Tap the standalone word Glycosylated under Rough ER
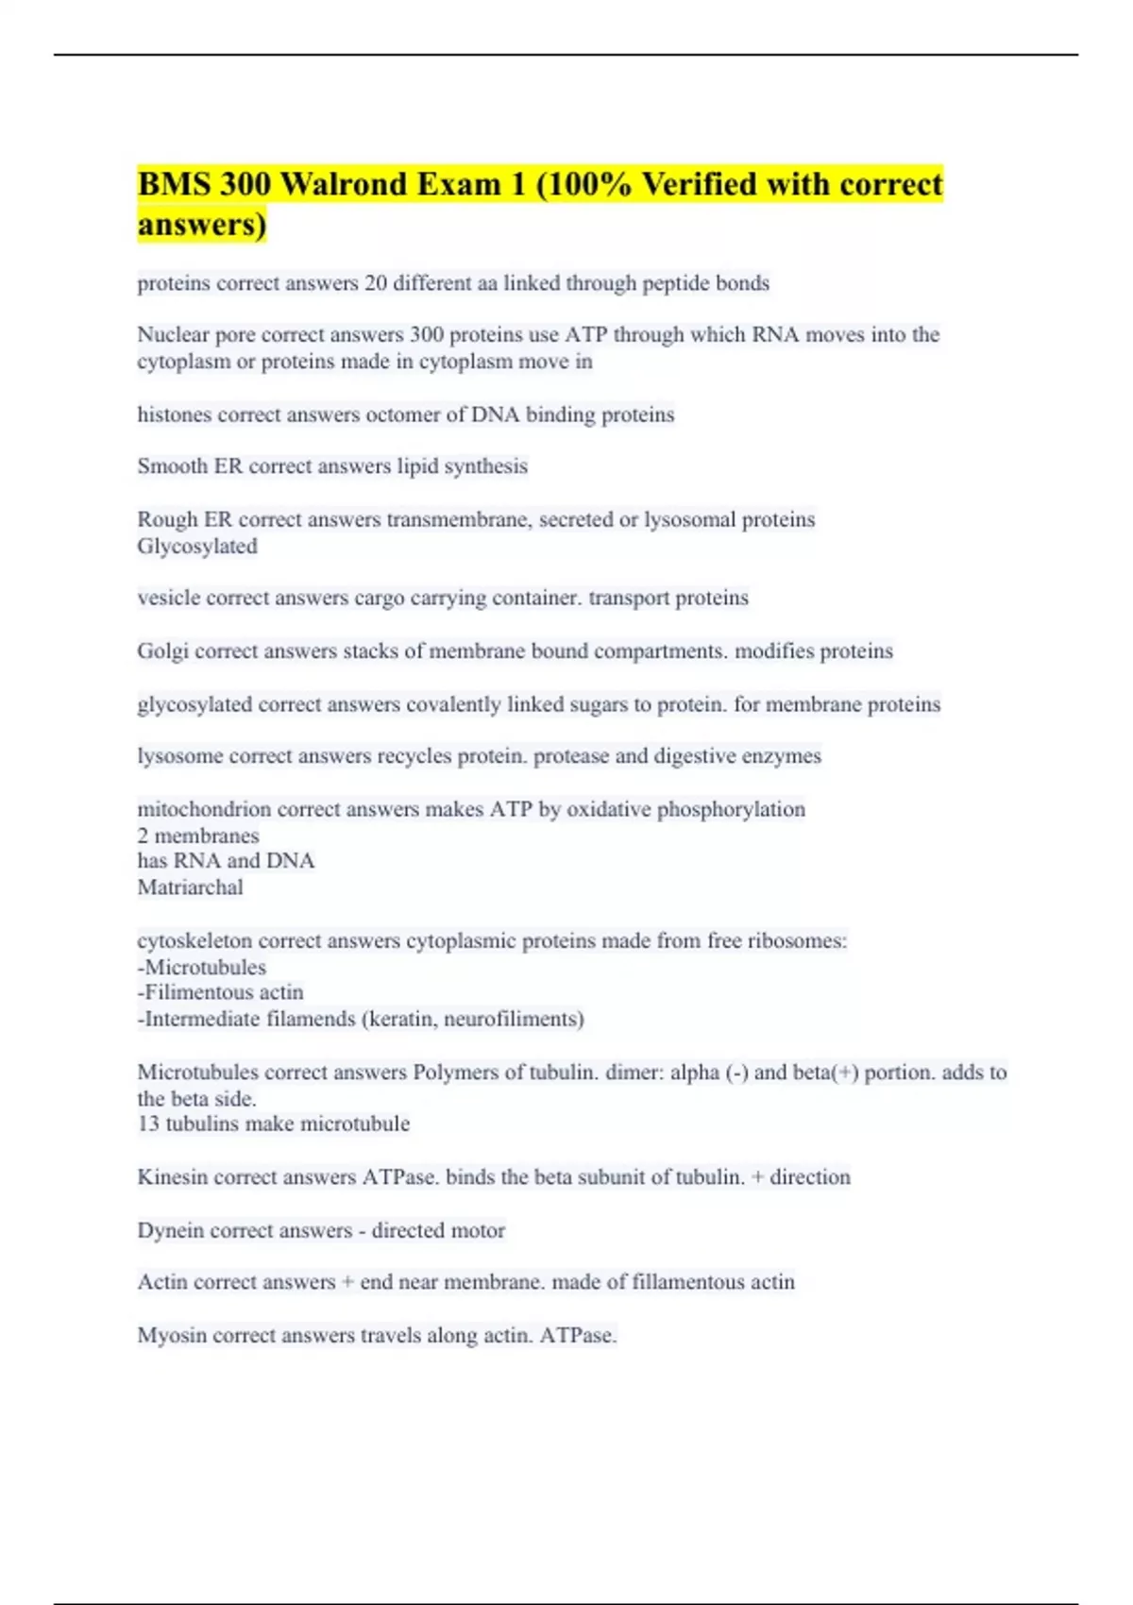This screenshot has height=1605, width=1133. click(x=197, y=546)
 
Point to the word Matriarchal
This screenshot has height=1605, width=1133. click(x=190, y=887)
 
